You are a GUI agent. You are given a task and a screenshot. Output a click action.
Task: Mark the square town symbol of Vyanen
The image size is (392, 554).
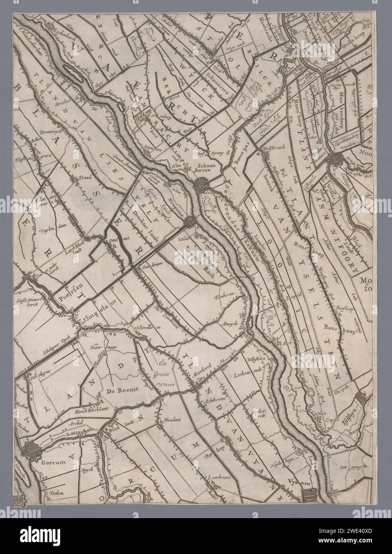coord(309,496)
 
